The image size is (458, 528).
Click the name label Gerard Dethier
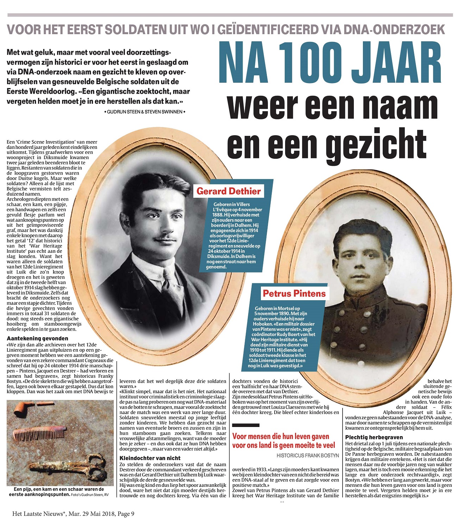tap(228, 191)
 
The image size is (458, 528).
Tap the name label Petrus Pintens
tap(294, 294)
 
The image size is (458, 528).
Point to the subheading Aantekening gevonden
tap(32, 338)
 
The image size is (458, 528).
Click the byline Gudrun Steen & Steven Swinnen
tap(145, 112)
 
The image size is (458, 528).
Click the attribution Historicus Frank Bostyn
tap(307, 455)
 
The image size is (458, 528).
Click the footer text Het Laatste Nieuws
tap(39, 514)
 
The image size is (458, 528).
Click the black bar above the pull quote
tap(245, 426)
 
